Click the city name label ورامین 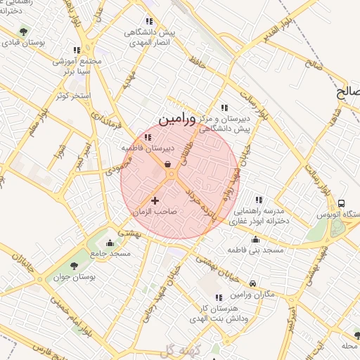click(169, 120)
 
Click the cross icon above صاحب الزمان click(155, 201)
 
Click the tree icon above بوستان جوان click(74, 265)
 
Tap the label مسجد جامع click(110, 252)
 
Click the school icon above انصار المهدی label click(148, 22)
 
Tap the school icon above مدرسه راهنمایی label click(259, 200)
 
